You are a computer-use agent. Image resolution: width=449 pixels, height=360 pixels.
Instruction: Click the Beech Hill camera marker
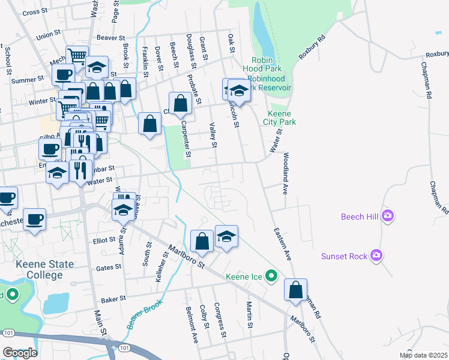pos(388,216)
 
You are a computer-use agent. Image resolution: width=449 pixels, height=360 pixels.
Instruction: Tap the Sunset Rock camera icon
pos(376,256)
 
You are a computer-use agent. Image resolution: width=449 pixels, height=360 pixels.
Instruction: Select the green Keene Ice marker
pos(272,277)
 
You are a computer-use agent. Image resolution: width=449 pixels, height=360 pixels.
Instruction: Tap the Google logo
pos(19,353)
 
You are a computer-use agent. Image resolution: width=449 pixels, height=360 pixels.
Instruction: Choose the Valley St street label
pos(212,134)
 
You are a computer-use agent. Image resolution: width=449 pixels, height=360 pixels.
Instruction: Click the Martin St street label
pos(249,314)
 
